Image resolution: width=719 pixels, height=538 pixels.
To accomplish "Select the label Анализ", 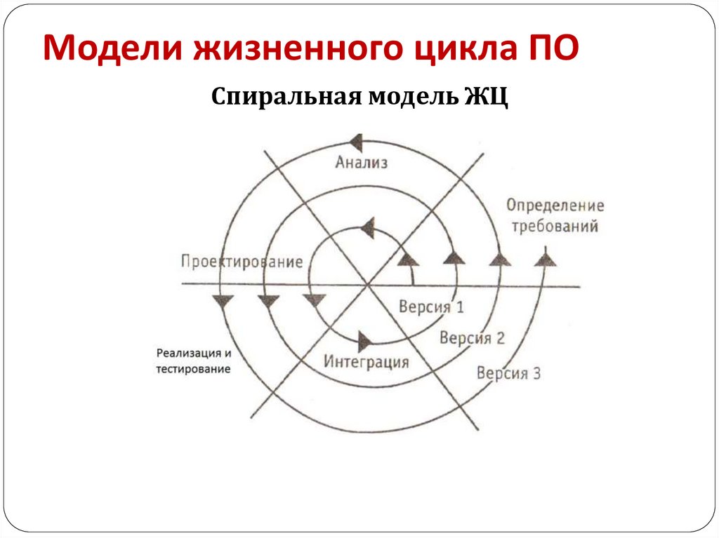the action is point(361,163).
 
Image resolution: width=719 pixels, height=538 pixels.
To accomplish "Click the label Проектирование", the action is point(242,262).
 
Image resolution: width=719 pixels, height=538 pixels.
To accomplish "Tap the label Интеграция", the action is point(367,363).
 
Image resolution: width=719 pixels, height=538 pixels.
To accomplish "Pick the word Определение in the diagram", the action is point(555,206).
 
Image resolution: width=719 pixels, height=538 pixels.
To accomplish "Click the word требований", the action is point(555,227).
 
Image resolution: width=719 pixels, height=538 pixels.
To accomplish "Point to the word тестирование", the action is point(193,369).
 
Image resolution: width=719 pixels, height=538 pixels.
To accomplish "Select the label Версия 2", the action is point(472,337).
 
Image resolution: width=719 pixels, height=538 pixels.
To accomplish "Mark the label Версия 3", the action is point(508,372).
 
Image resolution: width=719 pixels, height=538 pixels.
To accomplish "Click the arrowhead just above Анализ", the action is point(356,143).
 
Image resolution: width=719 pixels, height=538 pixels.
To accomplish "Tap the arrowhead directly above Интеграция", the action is point(364,342).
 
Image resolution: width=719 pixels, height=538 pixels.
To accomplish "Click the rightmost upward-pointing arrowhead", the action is point(545,260).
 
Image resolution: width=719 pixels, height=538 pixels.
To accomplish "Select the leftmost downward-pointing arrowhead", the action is point(223,302).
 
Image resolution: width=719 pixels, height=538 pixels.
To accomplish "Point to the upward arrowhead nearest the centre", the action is point(408,260).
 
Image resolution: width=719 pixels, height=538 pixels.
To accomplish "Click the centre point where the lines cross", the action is point(367,285).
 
